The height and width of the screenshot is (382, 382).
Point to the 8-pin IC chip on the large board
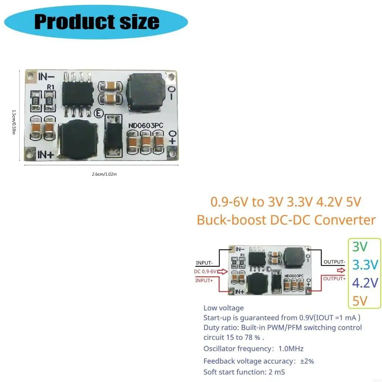coord(77,93)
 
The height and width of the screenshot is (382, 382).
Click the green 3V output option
coord(360,247)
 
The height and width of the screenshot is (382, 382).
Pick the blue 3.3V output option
coord(365,264)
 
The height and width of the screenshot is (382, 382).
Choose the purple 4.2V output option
coord(365,282)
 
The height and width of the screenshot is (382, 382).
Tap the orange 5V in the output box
coord(360,300)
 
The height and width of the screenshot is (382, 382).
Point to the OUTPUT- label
coord(334,262)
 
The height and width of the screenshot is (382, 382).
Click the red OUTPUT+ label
coord(334,278)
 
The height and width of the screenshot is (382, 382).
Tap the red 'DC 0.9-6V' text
coord(205,271)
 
